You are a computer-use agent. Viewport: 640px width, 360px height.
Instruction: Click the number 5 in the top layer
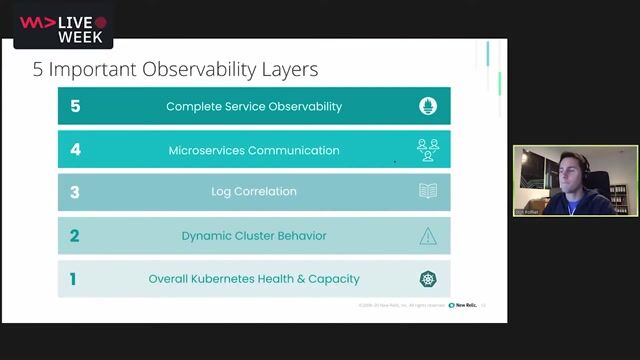75,106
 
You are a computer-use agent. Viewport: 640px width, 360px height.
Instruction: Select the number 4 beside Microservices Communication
75,150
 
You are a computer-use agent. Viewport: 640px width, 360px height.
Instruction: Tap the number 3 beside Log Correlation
75,192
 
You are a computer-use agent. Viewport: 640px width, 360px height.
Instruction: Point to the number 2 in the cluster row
74,236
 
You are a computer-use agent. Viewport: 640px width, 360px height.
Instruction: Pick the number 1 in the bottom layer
72,279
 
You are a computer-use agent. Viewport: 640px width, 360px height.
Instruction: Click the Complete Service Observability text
254,106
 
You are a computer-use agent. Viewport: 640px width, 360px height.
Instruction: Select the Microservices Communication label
254,150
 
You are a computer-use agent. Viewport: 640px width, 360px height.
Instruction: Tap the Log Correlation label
254,192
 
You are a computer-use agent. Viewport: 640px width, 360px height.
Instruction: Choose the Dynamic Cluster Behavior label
254,236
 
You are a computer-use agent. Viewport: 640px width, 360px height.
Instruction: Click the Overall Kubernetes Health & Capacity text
254,279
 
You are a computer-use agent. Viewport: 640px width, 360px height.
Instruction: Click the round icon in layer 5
428,106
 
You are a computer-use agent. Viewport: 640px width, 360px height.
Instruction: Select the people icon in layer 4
428,150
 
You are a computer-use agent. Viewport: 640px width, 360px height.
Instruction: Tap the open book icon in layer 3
428,191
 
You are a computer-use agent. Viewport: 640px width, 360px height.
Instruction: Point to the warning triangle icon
428,236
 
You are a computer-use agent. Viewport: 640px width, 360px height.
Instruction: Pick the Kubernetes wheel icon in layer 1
428,279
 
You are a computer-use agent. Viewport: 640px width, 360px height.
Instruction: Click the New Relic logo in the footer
462,305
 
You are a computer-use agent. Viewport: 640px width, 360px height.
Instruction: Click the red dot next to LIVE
100,21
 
